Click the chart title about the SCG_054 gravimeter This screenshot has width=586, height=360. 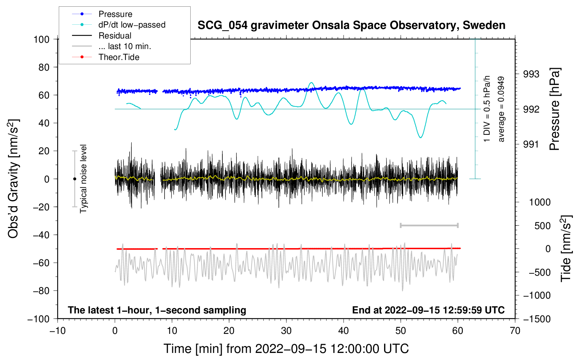coord(351,25)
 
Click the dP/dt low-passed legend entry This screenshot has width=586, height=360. coord(132,25)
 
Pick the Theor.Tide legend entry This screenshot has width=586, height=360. coord(119,57)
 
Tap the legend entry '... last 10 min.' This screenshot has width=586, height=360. coord(125,46)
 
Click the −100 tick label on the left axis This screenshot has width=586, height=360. coord(39,319)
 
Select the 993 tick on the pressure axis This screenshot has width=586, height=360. coord(531,74)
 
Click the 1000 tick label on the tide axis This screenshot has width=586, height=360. coord(539,202)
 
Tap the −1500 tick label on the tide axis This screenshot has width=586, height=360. coord(537,319)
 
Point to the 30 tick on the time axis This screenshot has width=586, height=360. coord(286,331)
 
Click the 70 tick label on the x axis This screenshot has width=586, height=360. coord(515,331)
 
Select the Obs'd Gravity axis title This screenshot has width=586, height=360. coord(13,179)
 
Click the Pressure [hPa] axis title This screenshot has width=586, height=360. coord(555,109)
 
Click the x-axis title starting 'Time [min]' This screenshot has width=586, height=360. coord(286,349)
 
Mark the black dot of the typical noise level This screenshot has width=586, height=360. coord(74,179)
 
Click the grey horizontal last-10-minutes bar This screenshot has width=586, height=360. coord(429,225)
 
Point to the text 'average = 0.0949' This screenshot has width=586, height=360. coord(501,109)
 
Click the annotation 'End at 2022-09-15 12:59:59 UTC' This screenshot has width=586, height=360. coord(428,310)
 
